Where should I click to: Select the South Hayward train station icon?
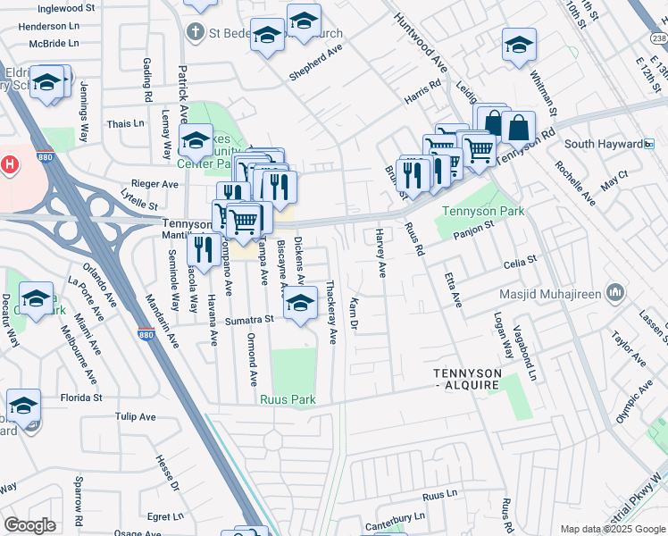pos(649,144)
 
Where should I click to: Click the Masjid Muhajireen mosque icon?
pos(614,292)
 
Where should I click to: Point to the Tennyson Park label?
pos(483,212)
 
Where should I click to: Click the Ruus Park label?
pos(286,399)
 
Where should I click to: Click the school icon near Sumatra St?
pos(301,305)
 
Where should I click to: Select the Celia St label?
pos(519,262)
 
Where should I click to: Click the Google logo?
pos(29,525)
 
